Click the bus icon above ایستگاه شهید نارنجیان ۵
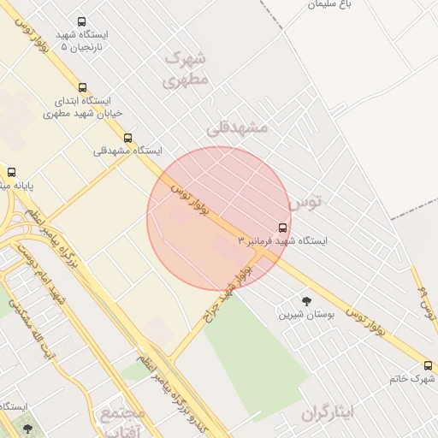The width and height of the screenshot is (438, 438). click(x=81, y=22)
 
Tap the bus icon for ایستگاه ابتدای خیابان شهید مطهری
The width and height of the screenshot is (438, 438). click(x=82, y=87)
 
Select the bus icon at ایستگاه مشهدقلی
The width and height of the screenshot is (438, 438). click(x=127, y=138)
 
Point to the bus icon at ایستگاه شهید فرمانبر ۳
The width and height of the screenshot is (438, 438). click(x=283, y=228)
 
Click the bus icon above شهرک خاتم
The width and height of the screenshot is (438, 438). click(x=428, y=364)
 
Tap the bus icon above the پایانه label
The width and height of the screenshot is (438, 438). click(x=11, y=171)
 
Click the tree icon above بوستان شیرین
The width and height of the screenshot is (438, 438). click(x=306, y=300)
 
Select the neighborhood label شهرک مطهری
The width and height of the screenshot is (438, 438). click(x=186, y=70)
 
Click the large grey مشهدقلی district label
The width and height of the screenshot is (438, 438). click(x=237, y=127)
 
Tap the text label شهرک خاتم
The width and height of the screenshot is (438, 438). click(x=411, y=377)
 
